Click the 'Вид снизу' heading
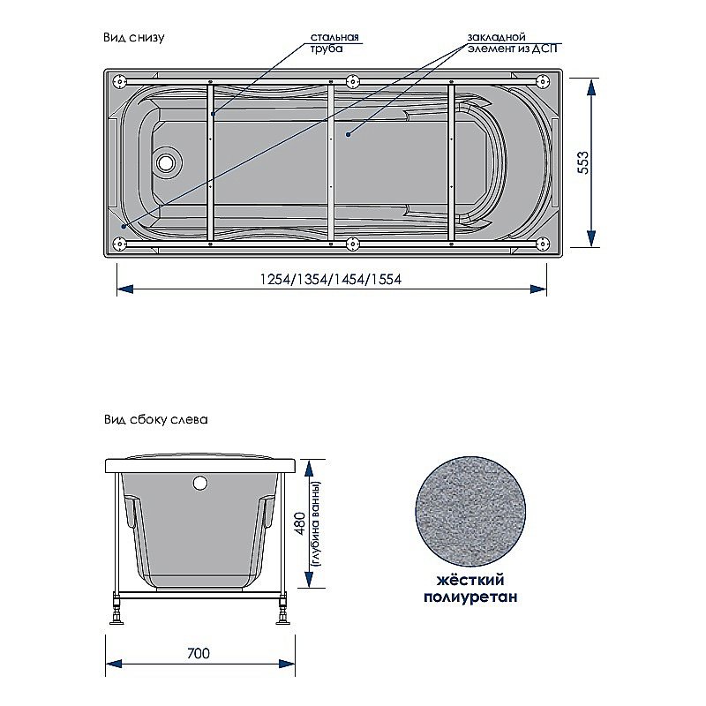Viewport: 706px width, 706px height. click(x=134, y=38)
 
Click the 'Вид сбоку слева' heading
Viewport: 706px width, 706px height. click(x=154, y=421)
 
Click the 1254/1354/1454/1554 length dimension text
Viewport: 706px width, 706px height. click(x=331, y=280)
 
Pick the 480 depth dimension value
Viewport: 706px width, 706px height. click(x=299, y=523)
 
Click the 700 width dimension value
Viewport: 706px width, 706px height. click(x=199, y=654)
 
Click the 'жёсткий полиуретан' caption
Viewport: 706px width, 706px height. click(x=469, y=589)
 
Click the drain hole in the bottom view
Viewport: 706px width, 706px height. click(x=167, y=162)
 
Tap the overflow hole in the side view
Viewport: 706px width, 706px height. click(x=199, y=483)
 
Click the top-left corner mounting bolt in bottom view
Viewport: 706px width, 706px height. click(x=120, y=81)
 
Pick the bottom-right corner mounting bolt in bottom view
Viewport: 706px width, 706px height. click(x=540, y=244)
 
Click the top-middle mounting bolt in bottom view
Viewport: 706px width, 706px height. click(x=353, y=81)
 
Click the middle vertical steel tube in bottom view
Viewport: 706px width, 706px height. click(x=331, y=162)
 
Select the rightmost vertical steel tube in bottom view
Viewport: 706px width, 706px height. click(x=451, y=162)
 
